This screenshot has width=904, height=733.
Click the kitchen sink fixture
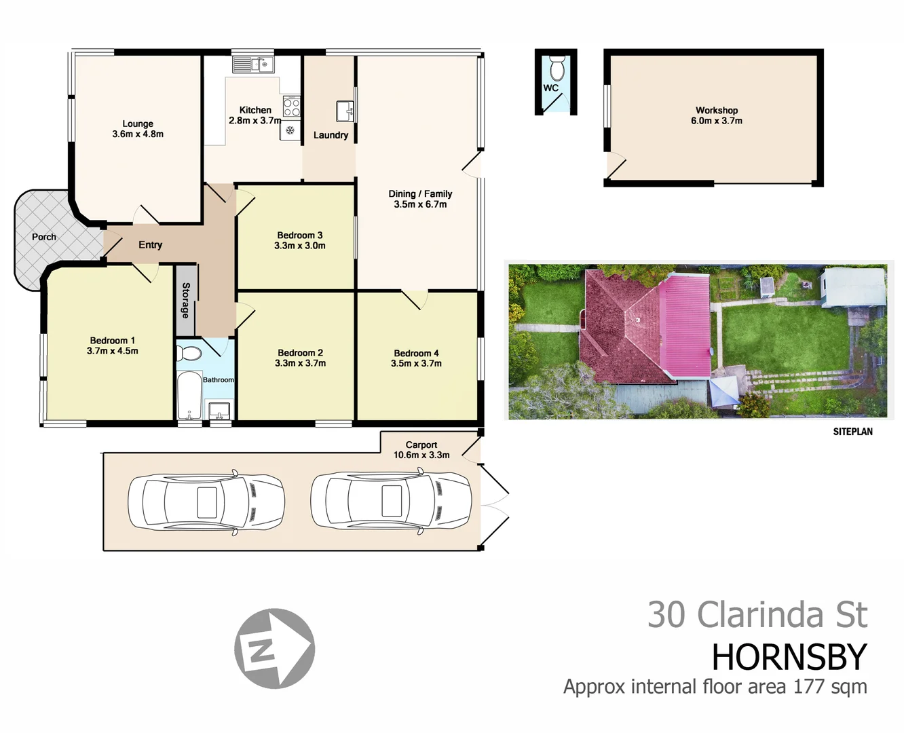click(252, 64)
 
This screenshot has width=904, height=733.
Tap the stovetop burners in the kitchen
click(291, 107)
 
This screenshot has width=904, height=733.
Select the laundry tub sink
click(345, 111)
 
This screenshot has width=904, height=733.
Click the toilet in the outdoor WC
click(557, 69)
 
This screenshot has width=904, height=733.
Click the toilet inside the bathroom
click(189, 354)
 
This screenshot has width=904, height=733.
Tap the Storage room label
click(185, 300)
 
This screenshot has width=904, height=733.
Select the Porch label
click(44, 237)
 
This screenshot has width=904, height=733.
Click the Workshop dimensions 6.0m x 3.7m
click(716, 121)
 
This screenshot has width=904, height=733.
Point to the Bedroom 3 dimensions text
click(299, 246)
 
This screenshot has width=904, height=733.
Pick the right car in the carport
click(390, 502)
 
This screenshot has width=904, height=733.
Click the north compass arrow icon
click(274, 648)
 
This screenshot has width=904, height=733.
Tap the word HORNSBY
click(789, 657)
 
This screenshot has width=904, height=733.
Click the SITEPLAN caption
click(852, 432)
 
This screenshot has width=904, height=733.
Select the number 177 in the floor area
click(808, 687)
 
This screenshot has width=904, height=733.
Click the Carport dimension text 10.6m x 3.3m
click(421, 455)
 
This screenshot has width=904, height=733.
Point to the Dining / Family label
click(420, 193)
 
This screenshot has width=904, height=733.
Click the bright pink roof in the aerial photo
click(685, 326)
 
